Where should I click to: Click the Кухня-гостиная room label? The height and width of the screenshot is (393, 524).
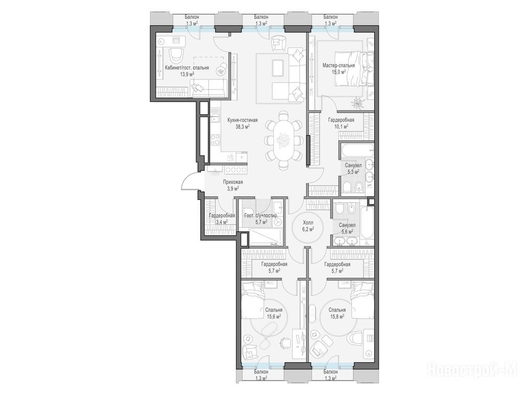coord(242,120)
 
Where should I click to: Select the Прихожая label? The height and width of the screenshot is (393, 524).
coord(233,182)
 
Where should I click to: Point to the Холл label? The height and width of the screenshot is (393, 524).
coord(308,223)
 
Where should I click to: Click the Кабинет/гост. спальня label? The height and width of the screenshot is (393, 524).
coord(187,68)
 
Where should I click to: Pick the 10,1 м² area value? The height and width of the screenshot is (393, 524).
coord(341,126)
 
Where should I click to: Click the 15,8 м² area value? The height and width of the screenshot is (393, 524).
coord(337,316)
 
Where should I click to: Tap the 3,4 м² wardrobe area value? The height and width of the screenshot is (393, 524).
coord(222,221)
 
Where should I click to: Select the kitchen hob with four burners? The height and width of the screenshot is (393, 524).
coord(215,139)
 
